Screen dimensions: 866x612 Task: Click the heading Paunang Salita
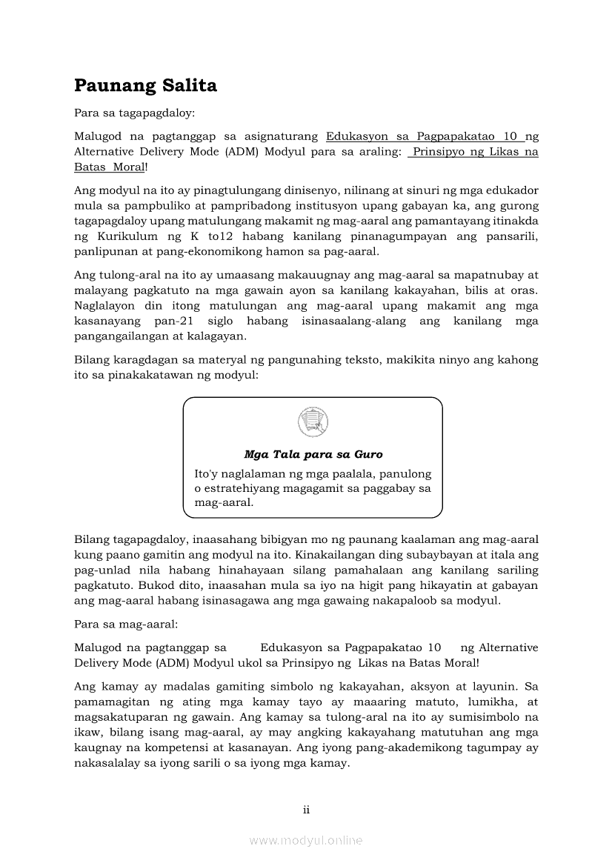145,86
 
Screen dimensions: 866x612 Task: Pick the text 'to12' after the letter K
219,236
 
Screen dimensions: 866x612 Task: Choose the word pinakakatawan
162,375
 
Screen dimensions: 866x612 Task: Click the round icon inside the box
313,422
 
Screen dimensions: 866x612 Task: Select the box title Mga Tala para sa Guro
313,454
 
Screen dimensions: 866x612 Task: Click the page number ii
306,810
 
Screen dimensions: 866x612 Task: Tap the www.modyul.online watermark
306,841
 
